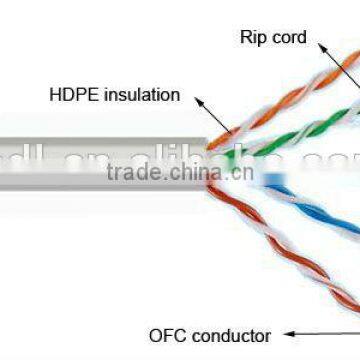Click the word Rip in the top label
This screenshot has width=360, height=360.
click(x=253, y=38)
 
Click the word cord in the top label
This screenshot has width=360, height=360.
click(x=287, y=38)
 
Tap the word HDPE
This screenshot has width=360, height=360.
click(x=70, y=95)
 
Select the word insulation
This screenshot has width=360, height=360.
click(x=136, y=95)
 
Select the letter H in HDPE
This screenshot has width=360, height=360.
click(x=53, y=95)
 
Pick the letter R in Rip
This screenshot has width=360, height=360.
click(x=245, y=38)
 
